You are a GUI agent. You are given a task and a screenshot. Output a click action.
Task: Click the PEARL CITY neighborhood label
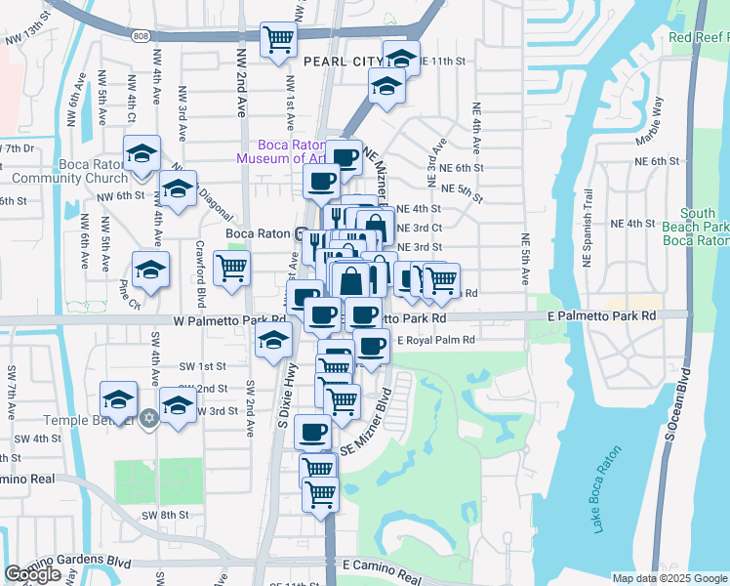coord(342,62)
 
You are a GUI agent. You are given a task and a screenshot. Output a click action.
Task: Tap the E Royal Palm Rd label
coord(435,340)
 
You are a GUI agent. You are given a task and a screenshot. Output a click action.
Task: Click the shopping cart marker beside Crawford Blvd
coord(231,267)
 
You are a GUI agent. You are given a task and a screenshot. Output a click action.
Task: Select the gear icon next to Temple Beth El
coord(148,418)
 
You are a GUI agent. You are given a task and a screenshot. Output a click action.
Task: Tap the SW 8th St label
coord(163,515)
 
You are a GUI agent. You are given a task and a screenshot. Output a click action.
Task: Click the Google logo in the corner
coord(32,574)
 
